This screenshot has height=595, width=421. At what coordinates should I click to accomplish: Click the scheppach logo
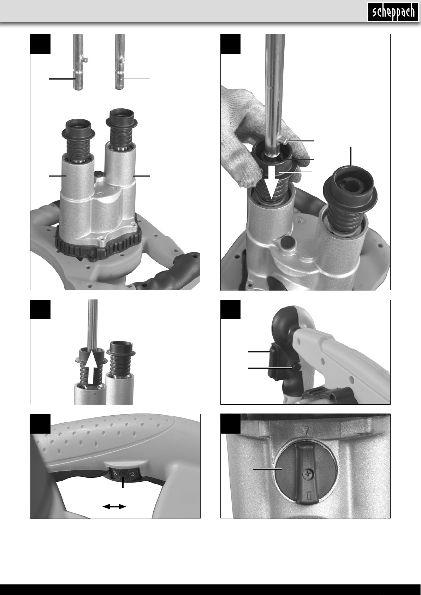pos(393,12)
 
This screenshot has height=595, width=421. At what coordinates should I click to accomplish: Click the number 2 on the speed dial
pos(132,474)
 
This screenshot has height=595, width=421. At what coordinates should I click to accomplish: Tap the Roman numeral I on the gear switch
pos(308,455)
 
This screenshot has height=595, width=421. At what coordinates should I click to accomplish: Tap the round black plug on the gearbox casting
pos(287,242)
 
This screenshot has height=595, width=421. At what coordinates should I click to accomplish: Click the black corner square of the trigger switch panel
pos(231,310)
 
